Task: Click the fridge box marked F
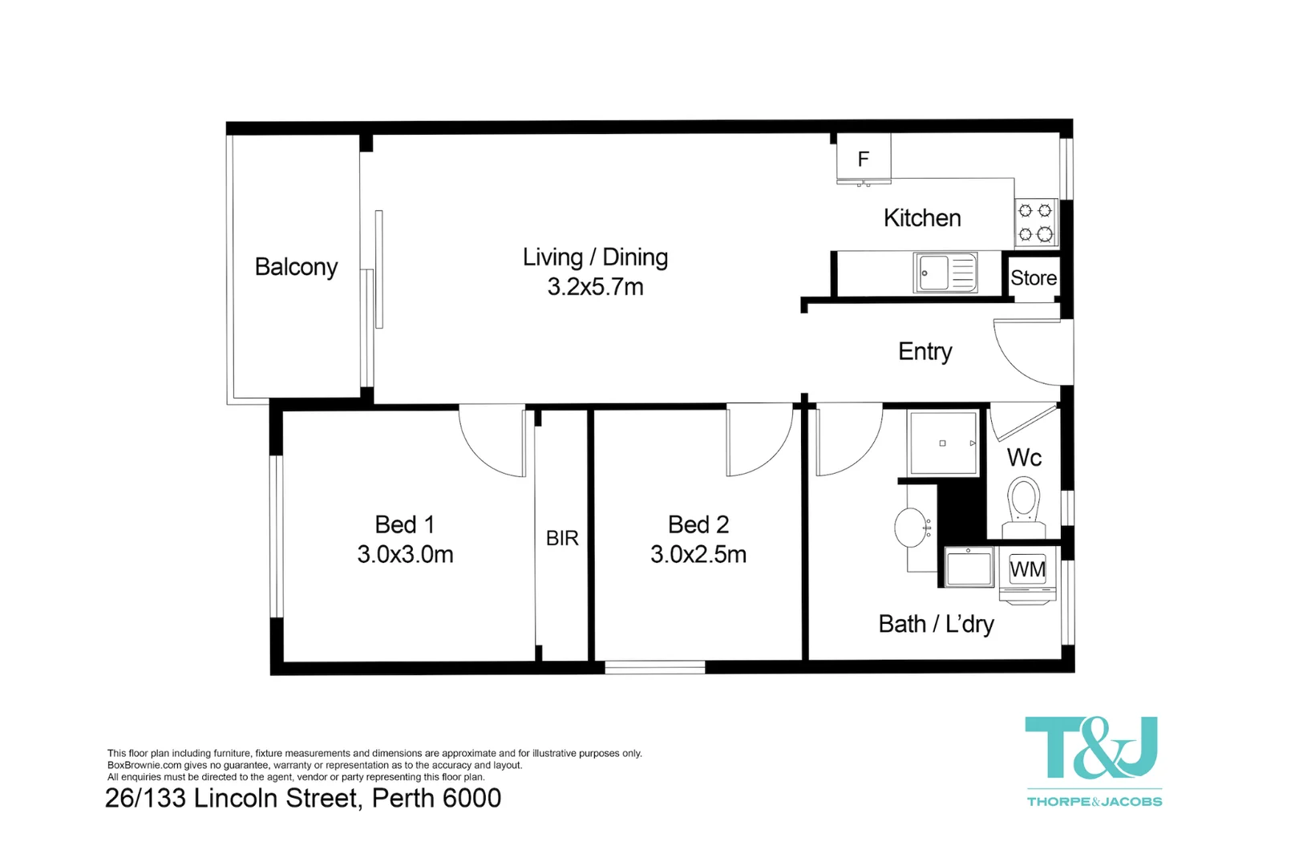click(x=864, y=159)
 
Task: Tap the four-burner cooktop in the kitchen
click(x=1035, y=223)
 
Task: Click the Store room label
click(x=1034, y=278)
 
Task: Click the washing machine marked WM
click(x=1027, y=570)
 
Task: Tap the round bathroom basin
click(x=912, y=528)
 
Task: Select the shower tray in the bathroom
click(x=943, y=443)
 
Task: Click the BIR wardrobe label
click(x=562, y=538)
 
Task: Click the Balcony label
click(x=296, y=267)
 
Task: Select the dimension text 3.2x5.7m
click(x=595, y=287)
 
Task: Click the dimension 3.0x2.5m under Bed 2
click(x=698, y=554)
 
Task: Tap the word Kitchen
click(x=922, y=218)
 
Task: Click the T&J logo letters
click(x=1092, y=748)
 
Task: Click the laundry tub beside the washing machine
click(x=969, y=567)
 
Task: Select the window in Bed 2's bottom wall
click(x=654, y=666)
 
